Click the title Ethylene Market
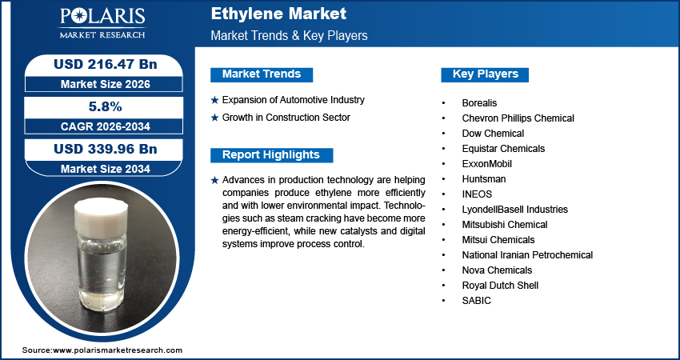click(x=278, y=14)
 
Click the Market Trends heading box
click(x=262, y=74)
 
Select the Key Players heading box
click(x=485, y=74)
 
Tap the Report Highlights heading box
click(x=270, y=155)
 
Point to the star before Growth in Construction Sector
click(x=214, y=118)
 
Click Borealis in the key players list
click(x=479, y=103)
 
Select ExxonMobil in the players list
click(x=486, y=164)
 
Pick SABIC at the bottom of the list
click(x=476, y=301)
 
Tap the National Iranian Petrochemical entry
click(x=527, y=255)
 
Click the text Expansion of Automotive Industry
click(x=293, y=100)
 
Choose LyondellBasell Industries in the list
click(x=514, y=210)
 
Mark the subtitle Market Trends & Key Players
click(x=289, y=36)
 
